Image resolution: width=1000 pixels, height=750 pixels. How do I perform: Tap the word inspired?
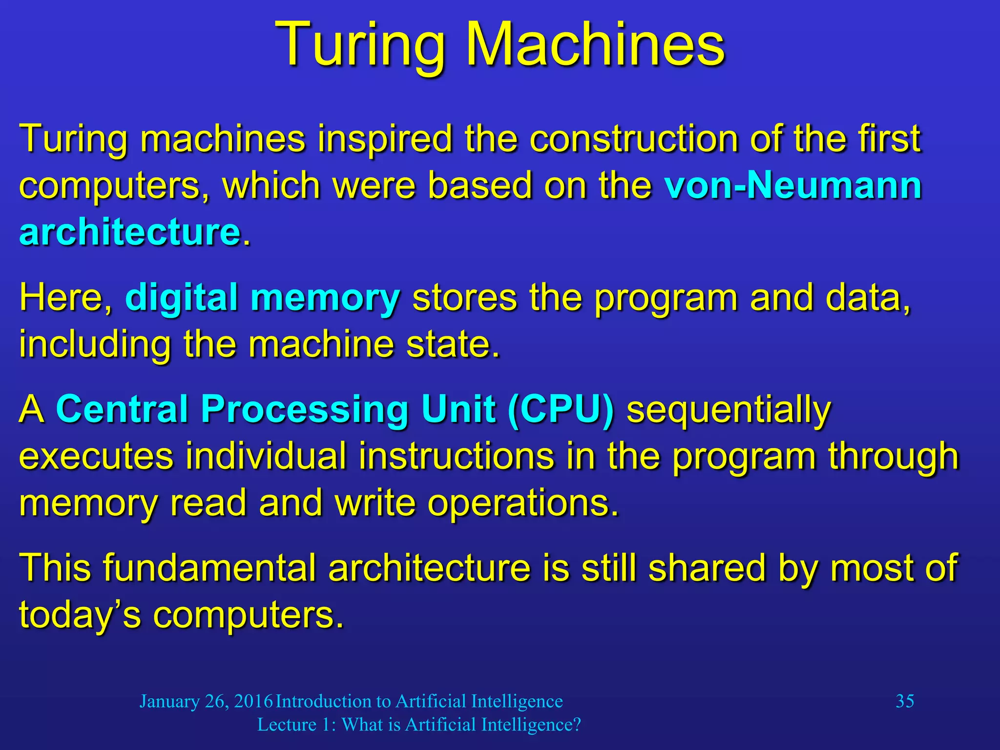click(385, 139)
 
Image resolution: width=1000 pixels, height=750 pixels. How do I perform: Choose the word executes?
click(96, 456)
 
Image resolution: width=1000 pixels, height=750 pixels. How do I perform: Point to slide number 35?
click(904, 701)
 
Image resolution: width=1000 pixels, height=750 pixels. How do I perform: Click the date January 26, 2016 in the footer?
click(206, 701)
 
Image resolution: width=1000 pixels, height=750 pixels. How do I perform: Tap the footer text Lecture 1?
click(294, 725)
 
